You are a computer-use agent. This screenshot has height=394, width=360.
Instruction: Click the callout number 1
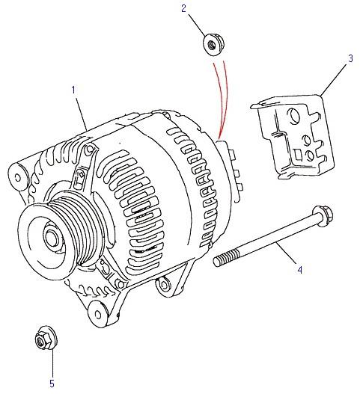click(x=73, y=90)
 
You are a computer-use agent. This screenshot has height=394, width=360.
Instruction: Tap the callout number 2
click(x=183, y=8)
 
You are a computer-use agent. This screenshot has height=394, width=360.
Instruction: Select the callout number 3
click(x=350, y=58)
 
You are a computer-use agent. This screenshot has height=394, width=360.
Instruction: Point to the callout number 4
click(x=299, y=270)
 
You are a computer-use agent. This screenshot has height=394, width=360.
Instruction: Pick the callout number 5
click(x=52, y=384)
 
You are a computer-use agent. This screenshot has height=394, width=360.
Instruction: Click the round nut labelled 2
click(x=213, y=44)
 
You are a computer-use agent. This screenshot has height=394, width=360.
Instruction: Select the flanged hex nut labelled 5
click(x=46, y=338)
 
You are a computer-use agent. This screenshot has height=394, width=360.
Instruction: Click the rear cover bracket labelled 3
click(x=293, y=137)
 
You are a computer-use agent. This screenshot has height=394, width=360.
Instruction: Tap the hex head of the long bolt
click(x=323, y=216)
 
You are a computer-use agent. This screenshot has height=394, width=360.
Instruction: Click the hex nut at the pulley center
click(x=52, y=238)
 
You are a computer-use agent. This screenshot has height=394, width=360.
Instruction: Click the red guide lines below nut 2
click(x=222, y=99)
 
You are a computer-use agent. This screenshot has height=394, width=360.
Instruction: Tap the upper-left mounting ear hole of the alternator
click(x=17, y=177)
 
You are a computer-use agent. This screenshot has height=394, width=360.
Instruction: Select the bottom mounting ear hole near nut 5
click(x=97, y=314)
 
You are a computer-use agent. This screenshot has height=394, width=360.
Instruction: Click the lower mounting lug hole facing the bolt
click(x=164, y=284)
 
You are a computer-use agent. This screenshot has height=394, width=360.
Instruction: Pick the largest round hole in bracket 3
click(x=293, y=116)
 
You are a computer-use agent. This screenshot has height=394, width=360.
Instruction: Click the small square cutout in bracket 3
click(x=298, y=154)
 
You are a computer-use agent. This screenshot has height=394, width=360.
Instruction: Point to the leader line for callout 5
click(x=53, y=363)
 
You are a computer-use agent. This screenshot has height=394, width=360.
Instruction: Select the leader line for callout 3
click(x=334, y=80)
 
